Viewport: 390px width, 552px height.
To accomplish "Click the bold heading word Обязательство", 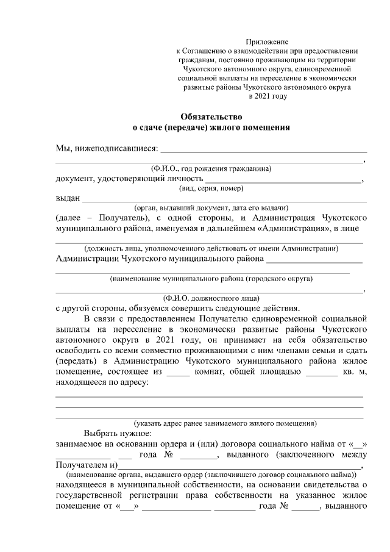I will pos(211,116).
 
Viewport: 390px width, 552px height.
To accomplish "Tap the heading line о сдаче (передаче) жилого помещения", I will pos(211,127).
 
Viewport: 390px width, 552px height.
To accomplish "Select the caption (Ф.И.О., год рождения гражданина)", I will pos(211,168).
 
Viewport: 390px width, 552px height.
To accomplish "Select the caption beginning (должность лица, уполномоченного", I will pos(211,248).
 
